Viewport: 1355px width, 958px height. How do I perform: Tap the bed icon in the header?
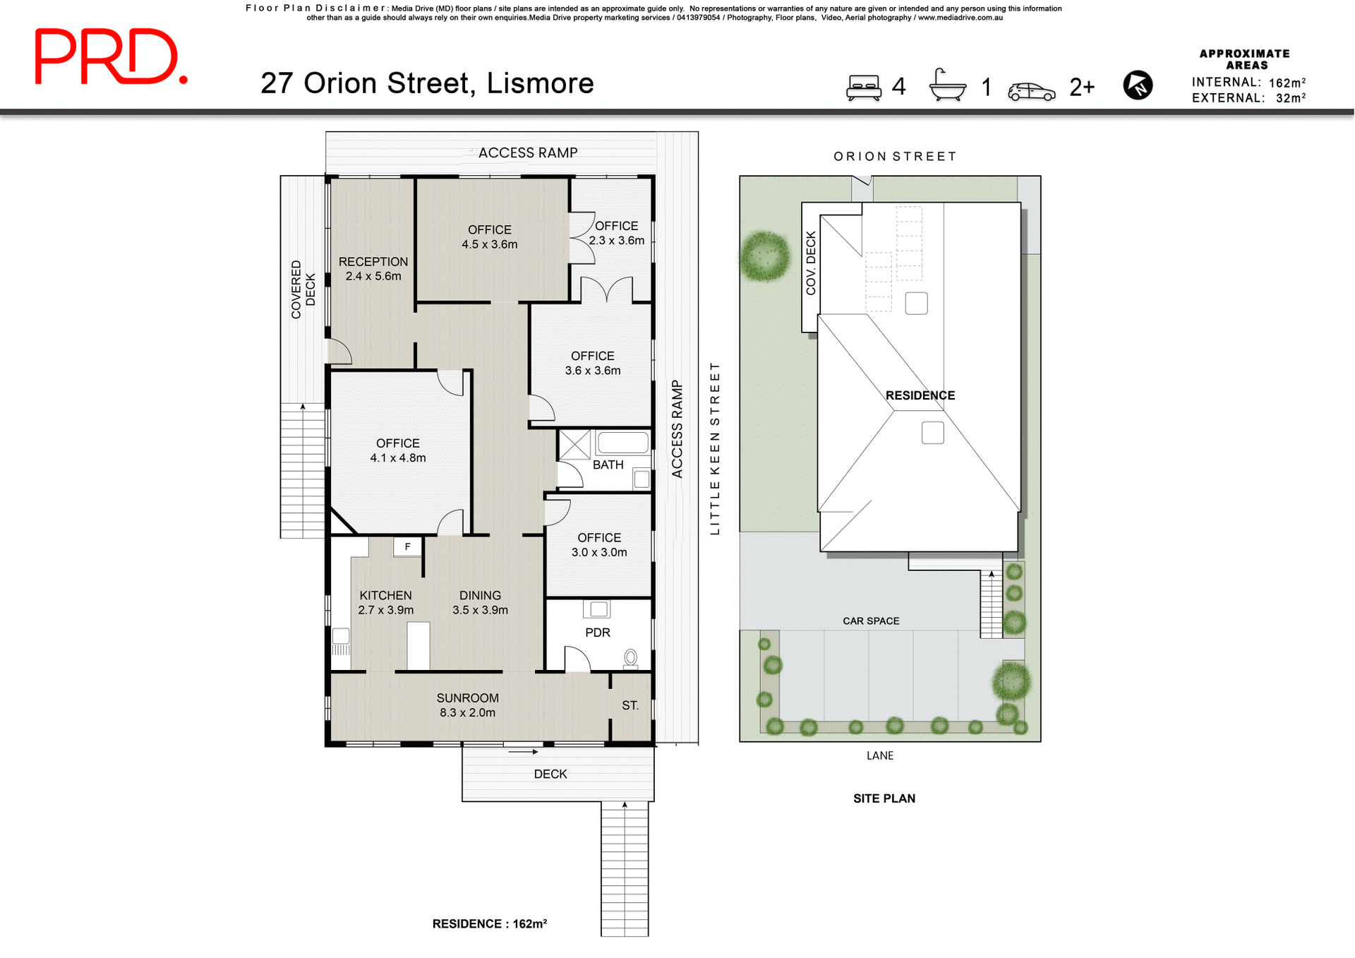click(x=864, y=88)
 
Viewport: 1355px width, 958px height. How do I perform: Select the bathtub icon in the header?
click(x=947, y=86)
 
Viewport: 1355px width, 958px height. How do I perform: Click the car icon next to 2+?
click(x=1031, y=91)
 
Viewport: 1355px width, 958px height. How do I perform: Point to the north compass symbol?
click(x=1138, y=85)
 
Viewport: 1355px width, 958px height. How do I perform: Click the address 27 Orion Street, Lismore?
click(x=427, y=83)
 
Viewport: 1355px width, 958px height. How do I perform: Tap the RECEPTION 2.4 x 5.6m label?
click(x=373, y=268)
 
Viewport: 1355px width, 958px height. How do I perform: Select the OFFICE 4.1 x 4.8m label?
click(x=398, y=450)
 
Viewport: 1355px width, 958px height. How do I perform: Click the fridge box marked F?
click(x=407, y=546)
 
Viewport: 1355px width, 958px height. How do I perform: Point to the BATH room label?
click(x=608, y=465)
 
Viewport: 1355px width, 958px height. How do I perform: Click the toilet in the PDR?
click(x=630, y=658)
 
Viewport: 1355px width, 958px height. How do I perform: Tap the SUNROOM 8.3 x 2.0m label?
click(x=467, y=705)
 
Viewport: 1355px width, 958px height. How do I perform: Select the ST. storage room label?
click(x=630, y=705)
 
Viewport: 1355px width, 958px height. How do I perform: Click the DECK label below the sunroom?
click(x=550, y=774)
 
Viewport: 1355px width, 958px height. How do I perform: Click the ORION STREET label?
click(x=895, y=156)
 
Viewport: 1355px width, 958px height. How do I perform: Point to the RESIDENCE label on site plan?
click(x=920, y=395)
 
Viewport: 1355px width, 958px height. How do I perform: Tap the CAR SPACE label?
click(x=871, y=621)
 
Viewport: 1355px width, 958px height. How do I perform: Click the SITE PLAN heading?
click(x=884, y=798)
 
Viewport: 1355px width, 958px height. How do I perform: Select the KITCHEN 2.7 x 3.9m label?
click(x=385, y=602)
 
